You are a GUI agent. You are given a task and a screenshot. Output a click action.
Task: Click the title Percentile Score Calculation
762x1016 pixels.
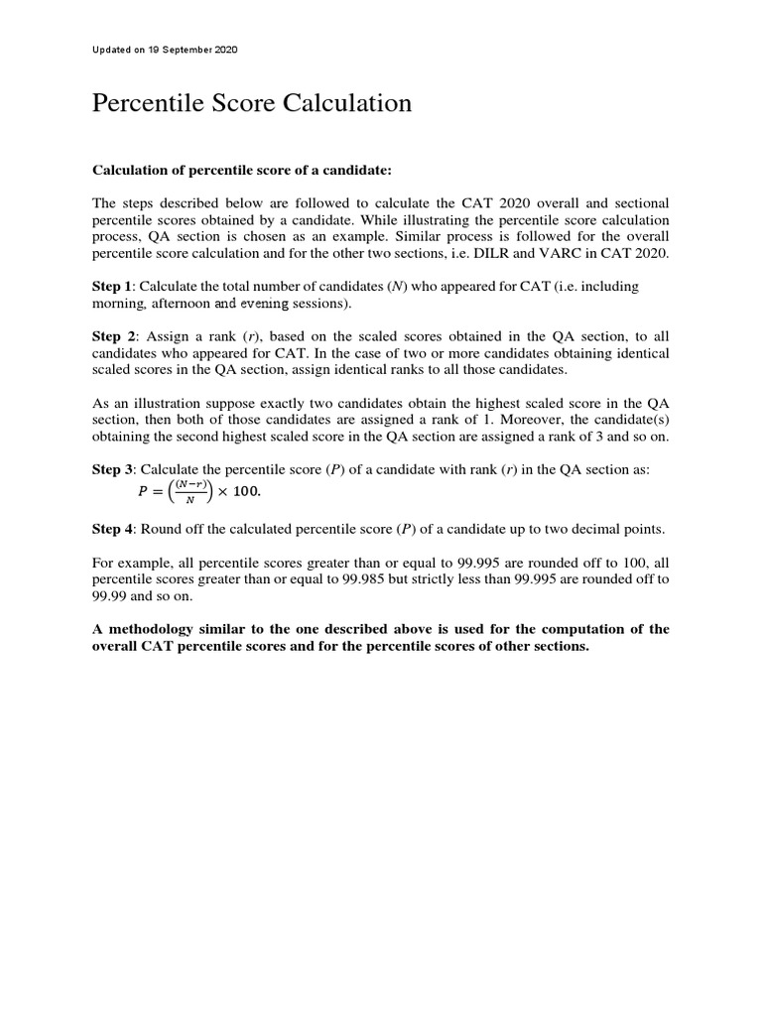coord(251,103)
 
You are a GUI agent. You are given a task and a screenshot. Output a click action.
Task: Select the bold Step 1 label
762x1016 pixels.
coord(112,287)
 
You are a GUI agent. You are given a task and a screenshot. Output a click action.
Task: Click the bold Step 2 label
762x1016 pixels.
coord(113,336)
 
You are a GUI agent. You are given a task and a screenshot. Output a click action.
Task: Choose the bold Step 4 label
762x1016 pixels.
coord(112,529)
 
